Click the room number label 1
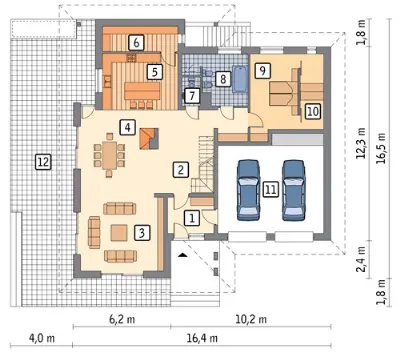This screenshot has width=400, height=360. coord(192,218)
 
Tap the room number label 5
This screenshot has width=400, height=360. coord(155,72)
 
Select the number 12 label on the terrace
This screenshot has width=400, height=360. coord(44,162)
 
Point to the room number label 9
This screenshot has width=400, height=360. coord(263,71)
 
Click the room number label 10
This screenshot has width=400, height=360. coord(313,111)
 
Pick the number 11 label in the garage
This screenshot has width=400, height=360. coord(270,190)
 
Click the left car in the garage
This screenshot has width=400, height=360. coord(248,190)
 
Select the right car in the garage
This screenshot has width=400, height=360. coord(293,190)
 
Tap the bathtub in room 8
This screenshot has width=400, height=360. coord(240,80)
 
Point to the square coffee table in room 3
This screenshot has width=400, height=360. coord(119,233)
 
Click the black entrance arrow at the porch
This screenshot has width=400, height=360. coord(182,255)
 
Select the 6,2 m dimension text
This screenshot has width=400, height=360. coord(122,319)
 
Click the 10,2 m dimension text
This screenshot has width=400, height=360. coord(251,319)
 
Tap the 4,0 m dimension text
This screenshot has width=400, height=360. coord(42,338)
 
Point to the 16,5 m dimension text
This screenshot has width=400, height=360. coord(381,148)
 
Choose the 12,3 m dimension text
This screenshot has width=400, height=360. coord(362,143)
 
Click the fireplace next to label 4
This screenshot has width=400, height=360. coord(149,138)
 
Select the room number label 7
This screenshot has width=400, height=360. coord(192,96)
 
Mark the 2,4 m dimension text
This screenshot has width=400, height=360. coord(362,259)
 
